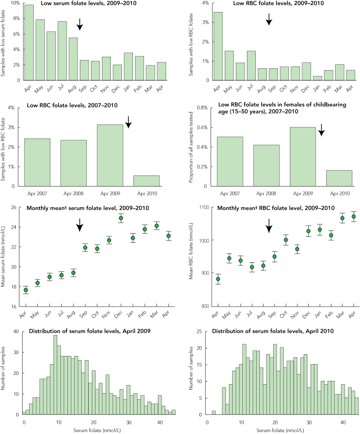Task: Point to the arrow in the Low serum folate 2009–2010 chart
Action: (x=80, y=24)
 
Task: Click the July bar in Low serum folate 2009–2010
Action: (x=63, y=51)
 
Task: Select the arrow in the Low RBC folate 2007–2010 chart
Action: (x=129, y=122)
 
